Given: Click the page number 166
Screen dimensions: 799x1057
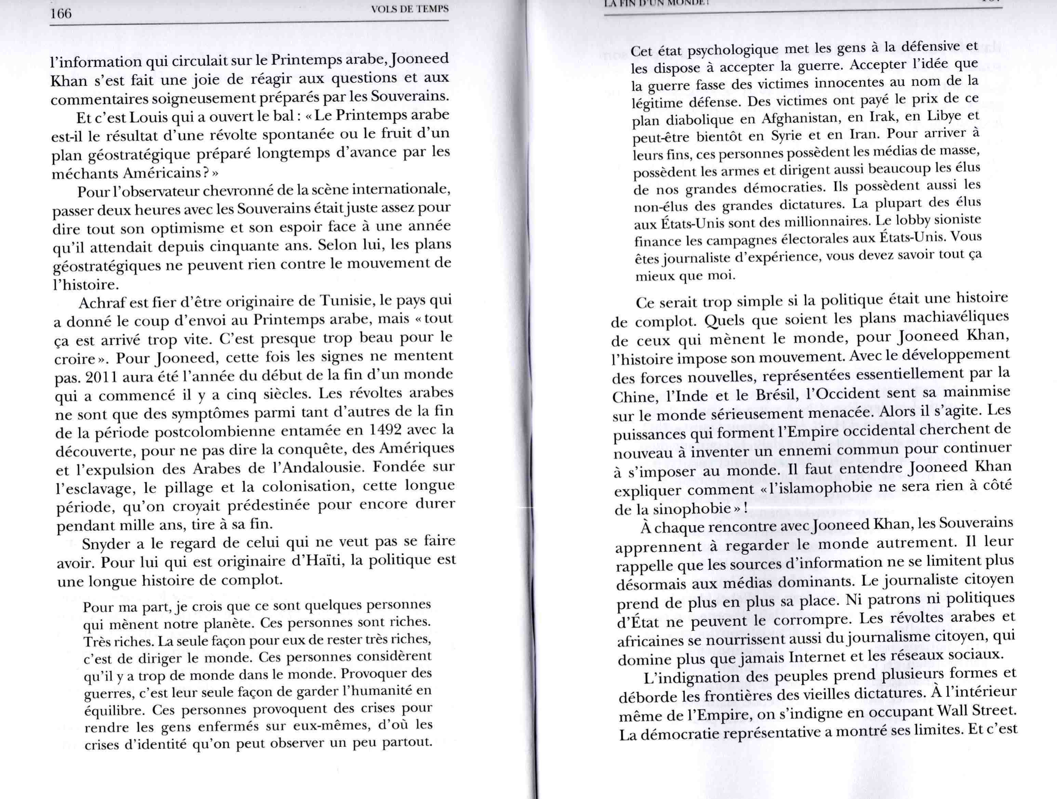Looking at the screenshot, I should pos(61,14).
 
